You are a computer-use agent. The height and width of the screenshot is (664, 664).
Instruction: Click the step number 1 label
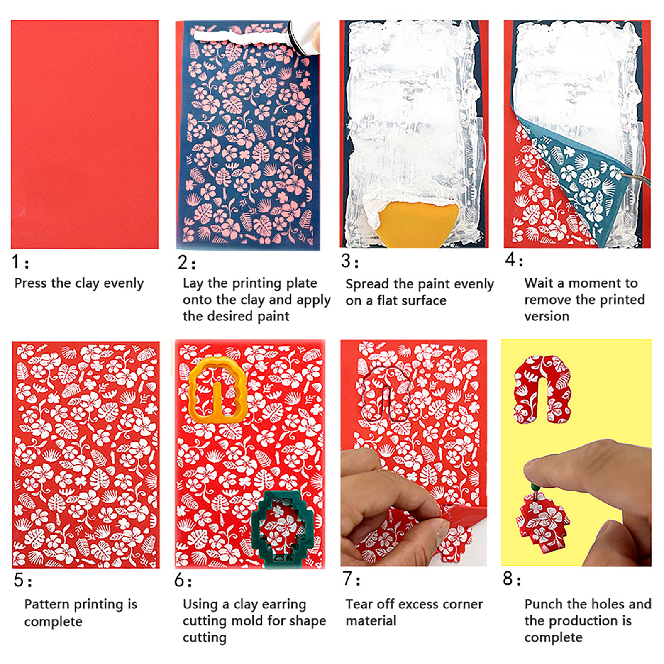[20, 262]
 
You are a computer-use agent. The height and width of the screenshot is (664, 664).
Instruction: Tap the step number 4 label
[514, 260]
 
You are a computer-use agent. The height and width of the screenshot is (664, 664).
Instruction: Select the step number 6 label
[183, 580]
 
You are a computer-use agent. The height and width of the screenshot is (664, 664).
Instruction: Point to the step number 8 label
[512, 578]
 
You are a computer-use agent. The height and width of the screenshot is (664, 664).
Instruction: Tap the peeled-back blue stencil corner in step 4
[581, 178]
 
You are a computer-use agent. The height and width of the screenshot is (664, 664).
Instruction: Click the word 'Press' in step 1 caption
[31, 283]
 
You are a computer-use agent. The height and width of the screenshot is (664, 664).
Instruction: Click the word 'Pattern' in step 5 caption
[49, 604]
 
